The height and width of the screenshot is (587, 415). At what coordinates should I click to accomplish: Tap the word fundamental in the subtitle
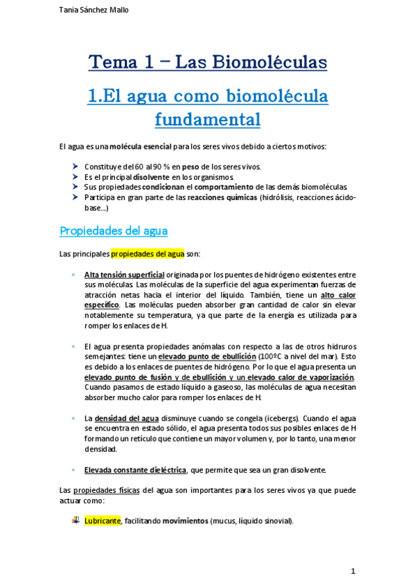pyautogui.click(x=207, y=119)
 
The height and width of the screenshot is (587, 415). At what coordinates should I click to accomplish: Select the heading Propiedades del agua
pyautogui.click(x=114, y=231)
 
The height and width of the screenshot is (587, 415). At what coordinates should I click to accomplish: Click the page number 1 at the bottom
pyautogui.click(x=353, y=571)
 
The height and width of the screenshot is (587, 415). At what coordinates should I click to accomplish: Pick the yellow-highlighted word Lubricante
pyautogui.click(x=103, y=521)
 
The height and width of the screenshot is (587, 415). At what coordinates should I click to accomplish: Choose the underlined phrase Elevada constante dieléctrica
pyautogui.click(x=135, y=470)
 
